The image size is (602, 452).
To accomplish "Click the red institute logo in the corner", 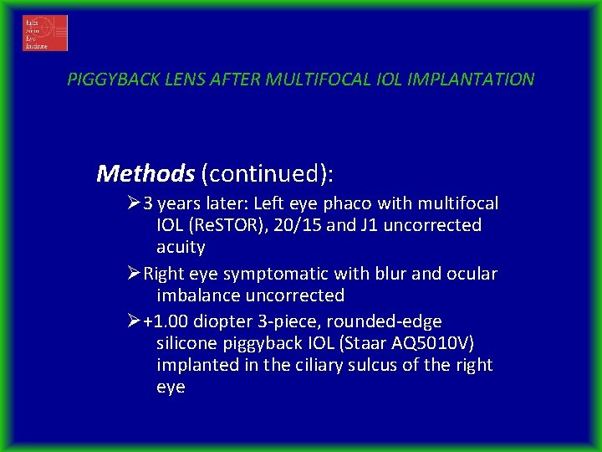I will [45, 33].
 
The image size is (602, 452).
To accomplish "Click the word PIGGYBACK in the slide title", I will [106, 80].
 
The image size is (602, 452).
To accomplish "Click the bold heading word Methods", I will [145, 174].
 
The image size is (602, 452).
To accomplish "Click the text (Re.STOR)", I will [230, 225].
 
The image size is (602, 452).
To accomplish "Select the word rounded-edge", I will [398, 322].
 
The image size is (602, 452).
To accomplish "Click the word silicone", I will [187, 344].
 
